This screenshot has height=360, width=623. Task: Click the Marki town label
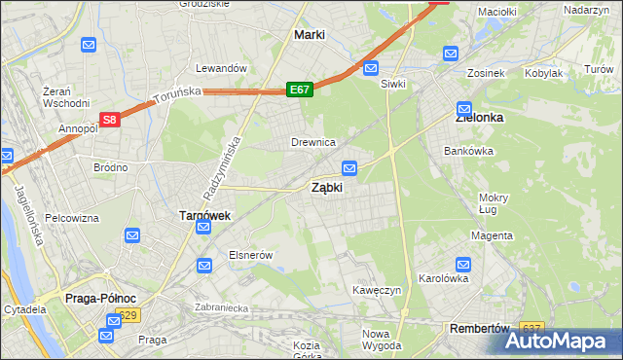(x=310, y=35)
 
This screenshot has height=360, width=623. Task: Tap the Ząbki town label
(x=326, y=188)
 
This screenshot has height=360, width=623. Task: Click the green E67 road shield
(x=300, y=90)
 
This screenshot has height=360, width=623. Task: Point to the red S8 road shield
(x=111, y=120)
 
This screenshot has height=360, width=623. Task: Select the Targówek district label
(x=203, y=215)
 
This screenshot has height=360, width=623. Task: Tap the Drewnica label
(x=313, y=143)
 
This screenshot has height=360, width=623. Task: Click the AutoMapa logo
(x=564, y=341)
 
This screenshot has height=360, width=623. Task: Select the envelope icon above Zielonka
(x=464, y=109)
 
